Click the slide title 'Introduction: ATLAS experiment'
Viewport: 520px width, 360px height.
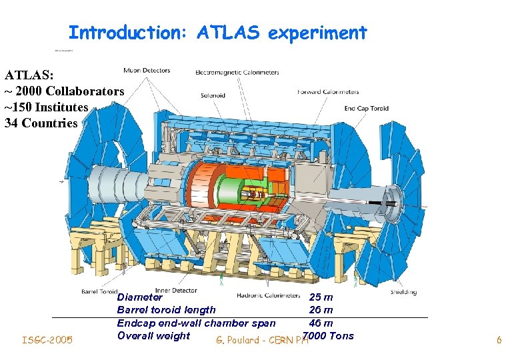pyautogui.click(x=217, y=32)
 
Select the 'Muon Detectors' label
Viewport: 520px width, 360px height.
pyautogui.click(x=147, y=70)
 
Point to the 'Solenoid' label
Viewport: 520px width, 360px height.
pyautogui.click(x=213, y=95)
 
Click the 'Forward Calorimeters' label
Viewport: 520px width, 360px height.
pyautogui.click(x=328, y=92)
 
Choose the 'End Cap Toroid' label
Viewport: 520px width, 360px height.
pyautogui.click(x=366, y=109)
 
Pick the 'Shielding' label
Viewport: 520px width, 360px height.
pyautogui.click(x=403, y=292)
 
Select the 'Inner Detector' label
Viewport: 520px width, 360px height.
pyautogui.click(x=176, y=291)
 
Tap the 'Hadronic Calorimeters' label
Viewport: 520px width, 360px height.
pyautogui.click(x=268, y=295)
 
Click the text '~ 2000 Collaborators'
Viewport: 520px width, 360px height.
pyautogui.click(x=64, y=91)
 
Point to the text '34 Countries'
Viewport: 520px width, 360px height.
pyautogui.click(x=41, y=123)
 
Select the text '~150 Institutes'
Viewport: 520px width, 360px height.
pyautogui.click(x=47, y=107)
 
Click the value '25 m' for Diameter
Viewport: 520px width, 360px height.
pyautogui.click(x=321, y=297)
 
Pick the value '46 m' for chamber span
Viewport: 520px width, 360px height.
pyautogui.click(x=321, y=323)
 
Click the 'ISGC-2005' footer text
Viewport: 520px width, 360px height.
pyautogui.click(x=47, y=341)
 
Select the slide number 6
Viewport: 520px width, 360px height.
pyautogui.click(x=499, y=341)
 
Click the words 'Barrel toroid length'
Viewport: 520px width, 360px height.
pyautogui.click(x=166, y=310)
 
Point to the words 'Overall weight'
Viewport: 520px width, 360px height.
pyautogui.click(x=153, y=335)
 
